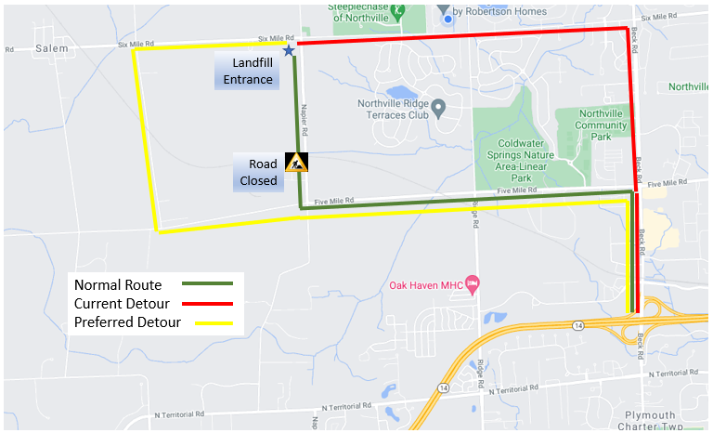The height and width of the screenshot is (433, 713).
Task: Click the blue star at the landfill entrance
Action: point(290,50)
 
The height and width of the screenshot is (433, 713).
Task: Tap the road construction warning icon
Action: point(296,163)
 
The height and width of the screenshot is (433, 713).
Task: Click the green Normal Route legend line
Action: point(206,283)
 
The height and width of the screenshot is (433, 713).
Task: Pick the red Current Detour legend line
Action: point(206,304)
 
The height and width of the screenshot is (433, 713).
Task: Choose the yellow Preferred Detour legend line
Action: point(206,324)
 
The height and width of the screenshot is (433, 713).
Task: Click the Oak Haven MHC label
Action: point(424,282)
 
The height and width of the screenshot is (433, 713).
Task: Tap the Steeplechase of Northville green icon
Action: point(398,11)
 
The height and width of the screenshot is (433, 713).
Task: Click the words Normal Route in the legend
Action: point(118,284)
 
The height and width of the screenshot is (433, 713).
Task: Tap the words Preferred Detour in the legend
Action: point(125,324)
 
